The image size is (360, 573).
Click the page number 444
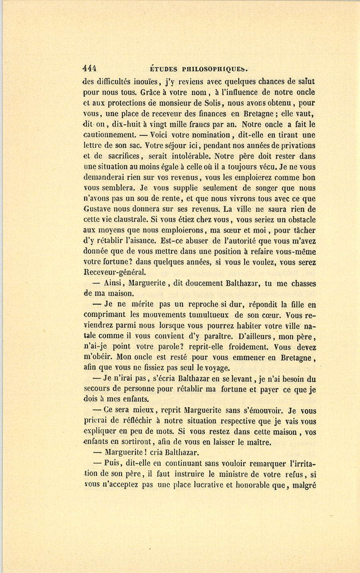coord(90,68)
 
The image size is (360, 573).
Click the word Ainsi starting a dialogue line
coord(115,284)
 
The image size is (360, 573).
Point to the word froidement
coord(251,347)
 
